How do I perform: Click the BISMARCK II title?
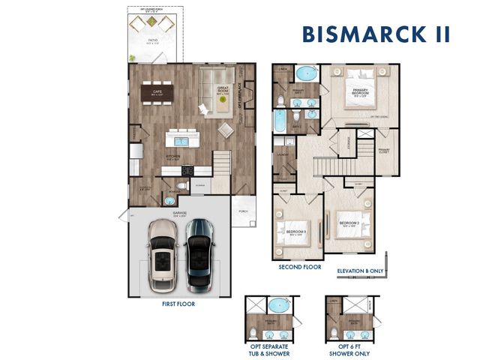pos(376,34)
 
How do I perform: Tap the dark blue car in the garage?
pos(199,255)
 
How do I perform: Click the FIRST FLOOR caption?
pos(179,305)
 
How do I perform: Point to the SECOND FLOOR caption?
pos(300,266)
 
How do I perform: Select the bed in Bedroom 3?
pos(293,231)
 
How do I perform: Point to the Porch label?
pos(242,211)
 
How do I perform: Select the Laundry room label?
pos(283,155)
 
